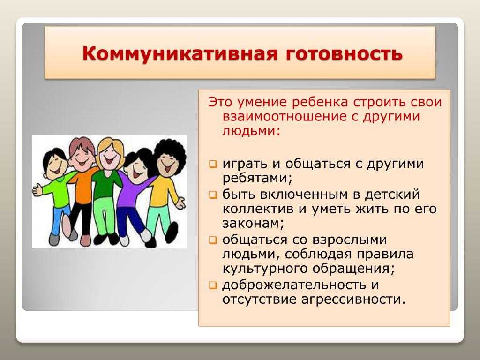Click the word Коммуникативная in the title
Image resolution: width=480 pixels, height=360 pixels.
coord(180,54)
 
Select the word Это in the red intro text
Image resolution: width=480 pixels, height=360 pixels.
coord(220,102)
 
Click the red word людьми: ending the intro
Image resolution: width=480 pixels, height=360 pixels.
coord(251,131)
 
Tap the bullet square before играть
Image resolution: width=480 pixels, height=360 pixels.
coord(213,165)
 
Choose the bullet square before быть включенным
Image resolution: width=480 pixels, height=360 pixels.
coord(213,195)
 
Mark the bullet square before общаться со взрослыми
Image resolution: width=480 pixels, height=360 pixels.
coord(213,240)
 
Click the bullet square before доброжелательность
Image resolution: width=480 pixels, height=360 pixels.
coord(213,285)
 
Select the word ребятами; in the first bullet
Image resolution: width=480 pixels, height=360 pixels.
coord(257,178)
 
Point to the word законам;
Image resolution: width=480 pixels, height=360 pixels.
coord(253,224)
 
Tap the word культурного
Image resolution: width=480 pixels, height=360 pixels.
coord(264,269)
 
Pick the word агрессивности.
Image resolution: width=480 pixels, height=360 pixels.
coord(353,299)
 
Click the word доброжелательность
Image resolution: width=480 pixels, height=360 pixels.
coord(294,285)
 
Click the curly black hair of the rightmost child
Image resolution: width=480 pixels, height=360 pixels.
coord(170,150)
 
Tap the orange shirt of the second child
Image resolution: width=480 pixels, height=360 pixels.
coord(82,187)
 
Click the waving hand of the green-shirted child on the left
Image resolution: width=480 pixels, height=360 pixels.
coord(38,189)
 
